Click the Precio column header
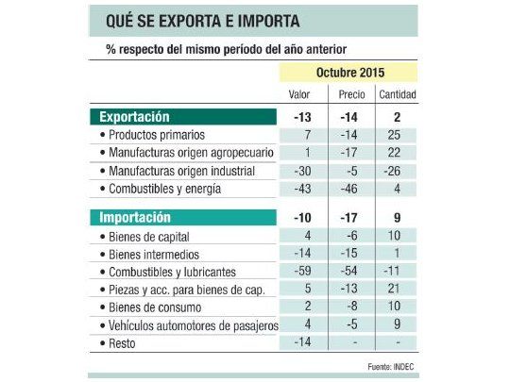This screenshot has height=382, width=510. (350, 94)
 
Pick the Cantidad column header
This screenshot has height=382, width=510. (397, 94)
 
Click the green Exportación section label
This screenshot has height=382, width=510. (135, 117)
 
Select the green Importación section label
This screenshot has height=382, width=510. (135, 217)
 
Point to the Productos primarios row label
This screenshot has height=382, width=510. (157, 135)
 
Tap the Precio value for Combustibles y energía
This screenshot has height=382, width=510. (350, 189)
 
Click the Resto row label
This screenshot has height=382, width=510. (123, 342)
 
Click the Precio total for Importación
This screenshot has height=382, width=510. (350, 217)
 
